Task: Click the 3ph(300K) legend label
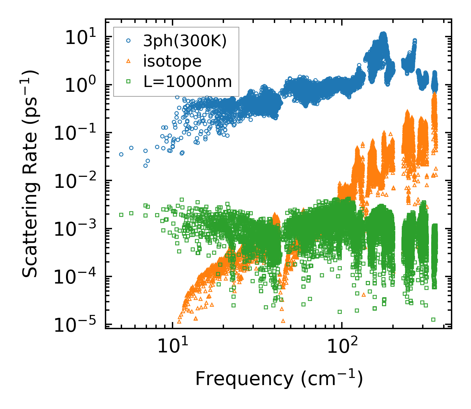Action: click(x=185, y=41)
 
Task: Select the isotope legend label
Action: click(x=172, y=61)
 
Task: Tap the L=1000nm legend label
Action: click(x=188, y=82)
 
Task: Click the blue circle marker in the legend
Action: click(x=129, y=41)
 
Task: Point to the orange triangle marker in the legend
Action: click(x=129, y=61)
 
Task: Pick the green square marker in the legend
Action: click(x=129, y=82)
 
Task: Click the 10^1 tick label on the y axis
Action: click(x=80, y=38)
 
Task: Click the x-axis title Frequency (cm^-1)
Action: click(x=279, y=379)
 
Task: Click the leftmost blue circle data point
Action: click(x=121, y=155)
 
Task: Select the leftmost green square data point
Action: click(x=121, y=215)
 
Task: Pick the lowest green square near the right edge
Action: click(x=433, y=319)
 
